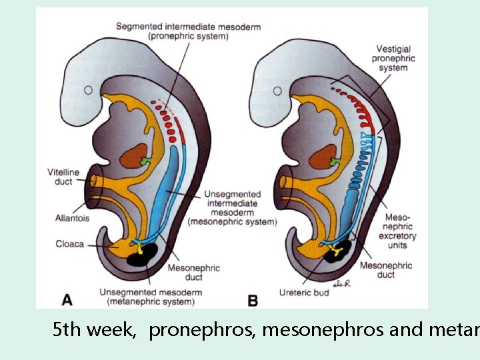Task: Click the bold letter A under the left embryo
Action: pos(67,300)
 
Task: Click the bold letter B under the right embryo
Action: pos(253,301)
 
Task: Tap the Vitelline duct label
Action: pos(63,177)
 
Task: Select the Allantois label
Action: pos(73,217)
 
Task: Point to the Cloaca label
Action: pos(70,244)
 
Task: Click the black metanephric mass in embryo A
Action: pos(143,254)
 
